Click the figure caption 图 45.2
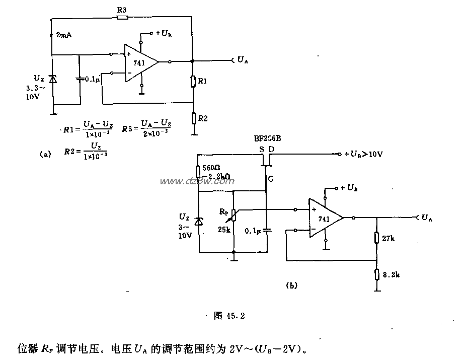click(229, 316)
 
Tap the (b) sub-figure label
click(291, 285)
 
